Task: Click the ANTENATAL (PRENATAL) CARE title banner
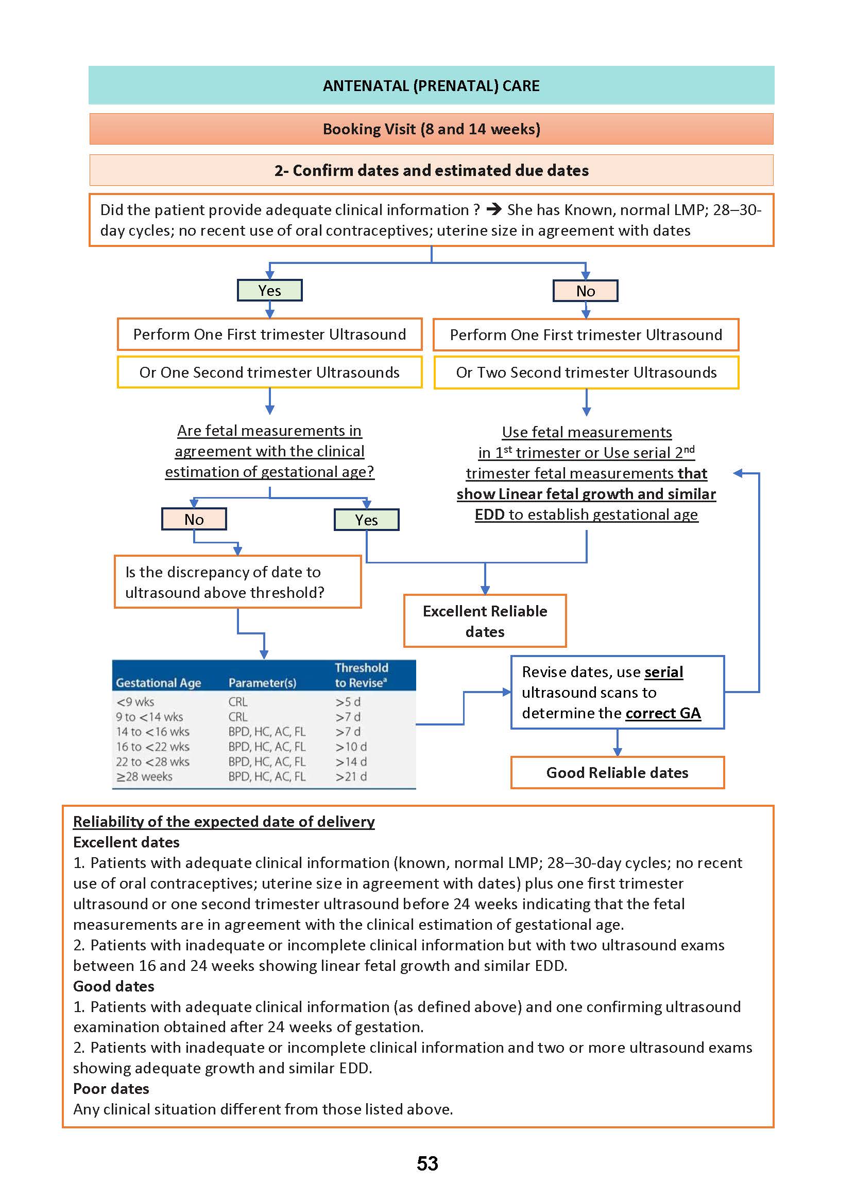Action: pos(431,86)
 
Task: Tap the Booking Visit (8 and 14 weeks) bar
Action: pos(431,129)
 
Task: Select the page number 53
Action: pos(427,1163)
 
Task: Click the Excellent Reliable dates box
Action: pos(484,621)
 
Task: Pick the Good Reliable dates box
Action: pos(617,773)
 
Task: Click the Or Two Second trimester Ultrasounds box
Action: pos(586,373)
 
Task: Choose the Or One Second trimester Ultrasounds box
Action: pos(269,373)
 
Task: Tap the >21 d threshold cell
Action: pos(351,776)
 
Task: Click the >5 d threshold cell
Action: pos(348,702)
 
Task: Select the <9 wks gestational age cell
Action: pos(135,702)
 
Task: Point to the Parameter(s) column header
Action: pos(262,683)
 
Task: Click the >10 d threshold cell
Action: pos(351,747)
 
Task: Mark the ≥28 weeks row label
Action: pos(144,776)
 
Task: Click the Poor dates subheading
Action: pos(111,1089)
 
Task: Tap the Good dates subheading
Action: pos(114,986)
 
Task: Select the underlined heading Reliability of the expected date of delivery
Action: pos(224,822)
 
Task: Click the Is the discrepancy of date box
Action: pos(237,582)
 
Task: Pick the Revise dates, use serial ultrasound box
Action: pos(617,692)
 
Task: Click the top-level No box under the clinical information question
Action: pos(585,291)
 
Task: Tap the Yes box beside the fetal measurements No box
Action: pos(366,520)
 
